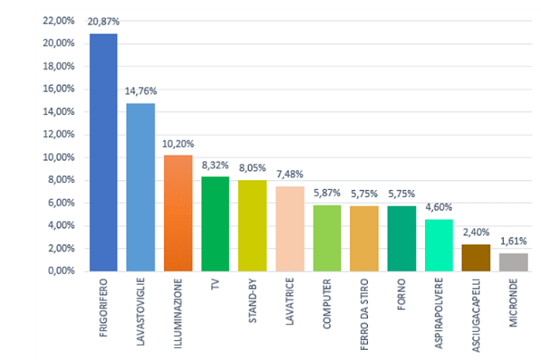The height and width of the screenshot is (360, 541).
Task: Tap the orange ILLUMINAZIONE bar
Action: point(178,213)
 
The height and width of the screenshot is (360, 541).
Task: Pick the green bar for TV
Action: point(215,224)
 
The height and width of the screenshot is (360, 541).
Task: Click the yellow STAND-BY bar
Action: point(252,226)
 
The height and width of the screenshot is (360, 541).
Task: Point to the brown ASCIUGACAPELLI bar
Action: point(475,258)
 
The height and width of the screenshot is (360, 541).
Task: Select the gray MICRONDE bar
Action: point(512,263)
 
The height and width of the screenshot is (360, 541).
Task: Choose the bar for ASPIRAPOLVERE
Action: point(438,246)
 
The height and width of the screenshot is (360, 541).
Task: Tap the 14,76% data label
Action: point(141,93)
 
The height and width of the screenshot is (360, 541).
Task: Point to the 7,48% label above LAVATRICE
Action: point(290,176)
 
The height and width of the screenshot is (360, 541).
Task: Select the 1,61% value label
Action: point(512,243)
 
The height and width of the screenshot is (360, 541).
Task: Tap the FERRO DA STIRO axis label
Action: point(364,308)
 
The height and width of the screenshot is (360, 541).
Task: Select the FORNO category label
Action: point(401,297)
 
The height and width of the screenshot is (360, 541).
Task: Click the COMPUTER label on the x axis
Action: point(327,304)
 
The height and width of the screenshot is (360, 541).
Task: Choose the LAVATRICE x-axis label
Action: point(290,304)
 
